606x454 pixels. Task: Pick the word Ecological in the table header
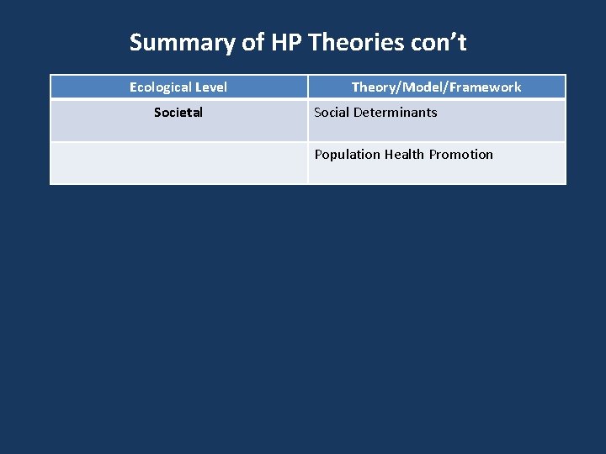tap(160, 87)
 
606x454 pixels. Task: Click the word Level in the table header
tap(210, 87)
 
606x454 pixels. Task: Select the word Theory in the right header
tap(370, 87)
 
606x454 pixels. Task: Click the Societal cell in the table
tap(178, 112)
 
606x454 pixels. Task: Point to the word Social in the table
tap(333, 112)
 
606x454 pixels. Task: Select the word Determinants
tap(397, 112)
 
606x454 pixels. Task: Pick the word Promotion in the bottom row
tap(461, 154)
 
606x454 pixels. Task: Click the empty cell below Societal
tap(178, 162)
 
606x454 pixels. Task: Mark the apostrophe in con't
tap(451, 38)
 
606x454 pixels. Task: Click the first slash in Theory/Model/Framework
tap(392, 87)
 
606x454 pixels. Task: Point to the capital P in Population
tap(319, 154)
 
